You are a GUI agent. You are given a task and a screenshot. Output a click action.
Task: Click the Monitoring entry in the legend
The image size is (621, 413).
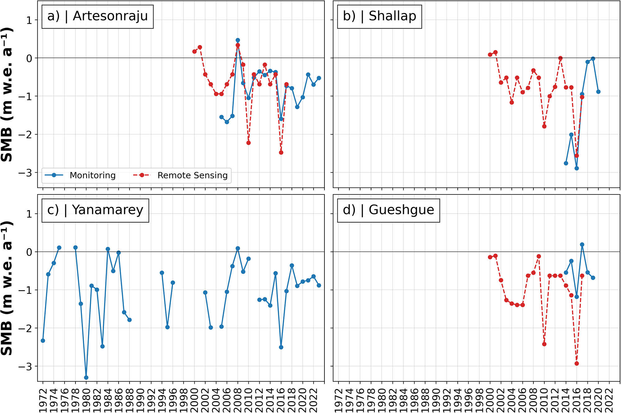(x=92, y=175)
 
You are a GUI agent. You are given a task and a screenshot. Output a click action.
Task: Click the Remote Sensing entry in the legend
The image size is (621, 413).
(x=192, y=175)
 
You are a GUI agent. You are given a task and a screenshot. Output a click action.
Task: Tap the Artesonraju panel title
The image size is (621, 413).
(x=97, y=16)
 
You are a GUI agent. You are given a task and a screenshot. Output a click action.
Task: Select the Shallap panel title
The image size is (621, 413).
(x=379, y=16)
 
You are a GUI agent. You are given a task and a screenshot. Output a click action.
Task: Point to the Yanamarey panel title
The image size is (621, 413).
(x=95, y=210)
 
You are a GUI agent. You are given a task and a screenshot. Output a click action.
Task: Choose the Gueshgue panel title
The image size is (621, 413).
(x=388, y=210)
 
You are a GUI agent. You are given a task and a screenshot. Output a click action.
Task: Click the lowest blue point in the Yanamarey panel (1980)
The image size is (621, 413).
(x=86, y=378)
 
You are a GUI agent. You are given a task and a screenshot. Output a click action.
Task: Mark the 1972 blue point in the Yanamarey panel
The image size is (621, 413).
(x=43, y=341)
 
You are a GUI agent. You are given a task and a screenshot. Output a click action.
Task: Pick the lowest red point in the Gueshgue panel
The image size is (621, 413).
(x=577, y=363)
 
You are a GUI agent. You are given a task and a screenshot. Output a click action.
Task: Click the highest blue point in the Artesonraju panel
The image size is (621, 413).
(x=238, y=40)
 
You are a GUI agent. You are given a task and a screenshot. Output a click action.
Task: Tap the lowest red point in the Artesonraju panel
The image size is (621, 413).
(x=281, y=152)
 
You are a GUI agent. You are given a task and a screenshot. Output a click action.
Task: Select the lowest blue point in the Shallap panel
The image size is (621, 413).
(x=577, y=168)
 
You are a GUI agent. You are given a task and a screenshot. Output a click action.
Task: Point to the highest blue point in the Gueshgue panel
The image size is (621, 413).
(x=582, y=245)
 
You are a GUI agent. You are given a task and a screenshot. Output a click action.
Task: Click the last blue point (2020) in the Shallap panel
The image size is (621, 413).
(x=598, y=92)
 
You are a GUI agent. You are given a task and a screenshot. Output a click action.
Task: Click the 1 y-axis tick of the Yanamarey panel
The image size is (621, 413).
(x=29, y=214)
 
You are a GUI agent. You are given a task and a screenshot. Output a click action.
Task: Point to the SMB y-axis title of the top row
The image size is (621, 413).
(x=7, y=95)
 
